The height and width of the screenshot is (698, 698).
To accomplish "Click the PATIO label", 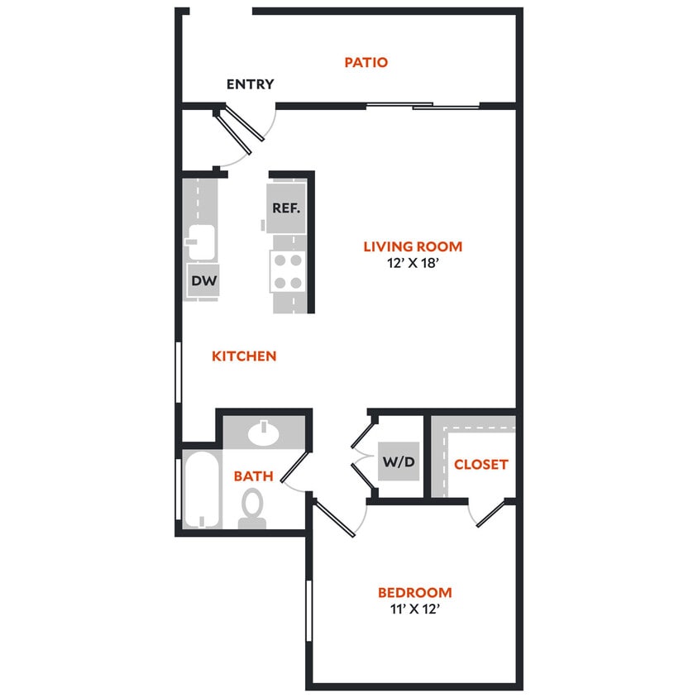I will click(366, 62).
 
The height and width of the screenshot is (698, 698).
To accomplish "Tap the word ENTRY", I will click(250, 84).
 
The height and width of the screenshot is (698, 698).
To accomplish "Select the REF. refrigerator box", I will click(286, 208).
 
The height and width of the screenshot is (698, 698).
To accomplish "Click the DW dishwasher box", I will click(204, 281).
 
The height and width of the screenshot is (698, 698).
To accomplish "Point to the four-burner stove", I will click(288, 271).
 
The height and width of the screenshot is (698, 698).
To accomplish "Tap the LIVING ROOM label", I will click(413, 246).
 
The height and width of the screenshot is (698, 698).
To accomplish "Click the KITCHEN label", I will click(244, 356).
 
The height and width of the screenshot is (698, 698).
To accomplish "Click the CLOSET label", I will click(480, 465).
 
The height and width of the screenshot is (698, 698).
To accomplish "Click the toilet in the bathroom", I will click(253, 505).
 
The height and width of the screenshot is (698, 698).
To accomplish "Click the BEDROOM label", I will click(414, 593).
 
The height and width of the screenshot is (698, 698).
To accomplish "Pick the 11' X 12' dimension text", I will click(414, 612).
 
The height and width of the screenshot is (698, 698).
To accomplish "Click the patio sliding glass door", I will click(423, 106).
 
